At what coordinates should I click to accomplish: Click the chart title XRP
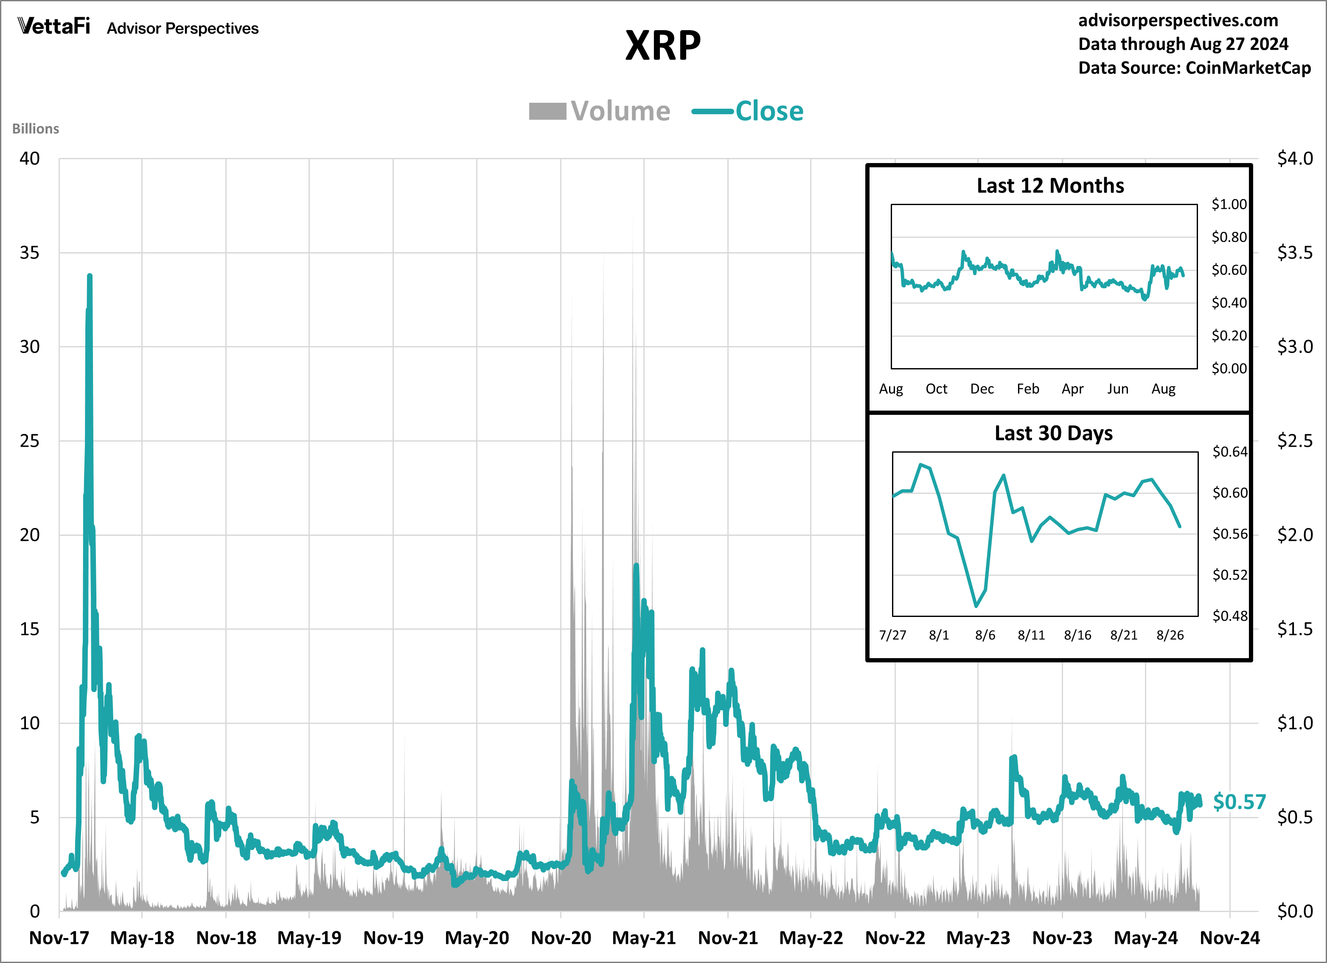pos(662,46)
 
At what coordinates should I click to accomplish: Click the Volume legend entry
pos(600,111)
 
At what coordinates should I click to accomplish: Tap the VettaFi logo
pos(54,26)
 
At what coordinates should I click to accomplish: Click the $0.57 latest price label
pos(1239,801)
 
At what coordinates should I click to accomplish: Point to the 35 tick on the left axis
pos(29,253)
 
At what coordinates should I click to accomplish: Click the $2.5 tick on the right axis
pos(1294,441)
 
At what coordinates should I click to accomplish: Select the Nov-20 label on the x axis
pos(561,938)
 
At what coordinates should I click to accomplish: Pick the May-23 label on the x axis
pos(978,938)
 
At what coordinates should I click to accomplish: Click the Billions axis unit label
pos(36,129)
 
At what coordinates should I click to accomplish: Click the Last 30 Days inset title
pos(1053,433)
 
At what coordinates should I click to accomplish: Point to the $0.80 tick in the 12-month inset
pos(1229,237)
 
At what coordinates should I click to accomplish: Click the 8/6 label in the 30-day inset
pos(985,635)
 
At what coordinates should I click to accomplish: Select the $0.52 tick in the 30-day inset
pos(1229,575)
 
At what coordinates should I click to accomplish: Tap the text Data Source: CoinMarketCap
pos(1194,68)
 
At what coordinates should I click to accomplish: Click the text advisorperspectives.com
pos(1178,20)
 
